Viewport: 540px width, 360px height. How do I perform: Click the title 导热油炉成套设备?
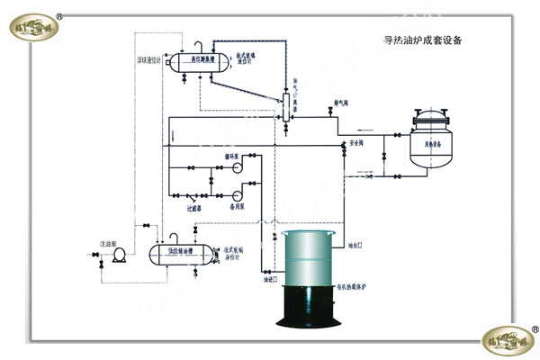pos(422,40)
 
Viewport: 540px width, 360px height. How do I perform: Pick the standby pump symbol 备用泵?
pos(238,194)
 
